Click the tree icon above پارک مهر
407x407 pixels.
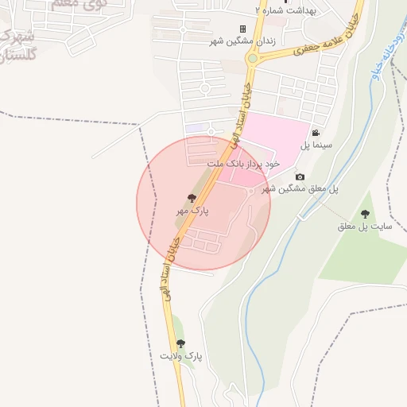192,198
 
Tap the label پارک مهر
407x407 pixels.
192,212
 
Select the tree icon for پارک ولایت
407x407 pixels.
180,343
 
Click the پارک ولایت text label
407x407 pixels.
181,356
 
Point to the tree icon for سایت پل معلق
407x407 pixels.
365,214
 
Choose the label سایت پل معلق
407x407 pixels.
365,227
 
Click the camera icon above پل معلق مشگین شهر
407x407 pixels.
299,176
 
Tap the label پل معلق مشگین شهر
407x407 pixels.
300,189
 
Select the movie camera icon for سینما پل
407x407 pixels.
316,133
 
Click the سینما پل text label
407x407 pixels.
316,146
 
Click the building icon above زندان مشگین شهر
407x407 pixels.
242,29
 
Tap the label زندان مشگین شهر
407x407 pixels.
242,41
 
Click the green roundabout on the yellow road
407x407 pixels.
253,58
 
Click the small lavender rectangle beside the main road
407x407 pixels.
195,127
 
